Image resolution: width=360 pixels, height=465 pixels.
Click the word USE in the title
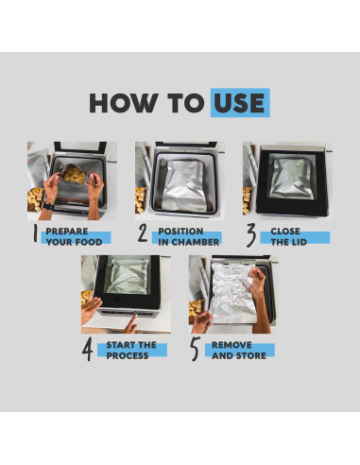coord(239,103)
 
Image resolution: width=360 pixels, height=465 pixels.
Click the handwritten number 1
coord(36,234)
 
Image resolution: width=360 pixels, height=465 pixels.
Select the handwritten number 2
coord(143,233)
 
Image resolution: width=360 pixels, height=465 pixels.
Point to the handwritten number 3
coord(250,235)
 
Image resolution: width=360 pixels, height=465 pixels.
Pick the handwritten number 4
coord(88,349)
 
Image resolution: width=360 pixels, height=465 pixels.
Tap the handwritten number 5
coord(196,349)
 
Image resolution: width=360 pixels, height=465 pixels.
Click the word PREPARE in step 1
coord(67,232)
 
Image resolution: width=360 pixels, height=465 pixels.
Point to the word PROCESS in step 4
coord(128,355)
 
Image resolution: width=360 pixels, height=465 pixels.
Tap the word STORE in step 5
coord(251,355)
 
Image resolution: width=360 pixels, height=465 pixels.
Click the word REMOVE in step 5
coord(231,345)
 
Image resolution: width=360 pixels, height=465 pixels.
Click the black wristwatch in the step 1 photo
coord(48,206)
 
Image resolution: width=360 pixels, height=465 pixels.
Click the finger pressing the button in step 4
coord(131,324)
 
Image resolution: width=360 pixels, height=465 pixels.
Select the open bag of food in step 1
coord(74,174)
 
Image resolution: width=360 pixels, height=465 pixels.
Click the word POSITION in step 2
coord(180,232)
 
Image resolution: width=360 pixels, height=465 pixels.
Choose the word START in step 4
coord(121,345)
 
